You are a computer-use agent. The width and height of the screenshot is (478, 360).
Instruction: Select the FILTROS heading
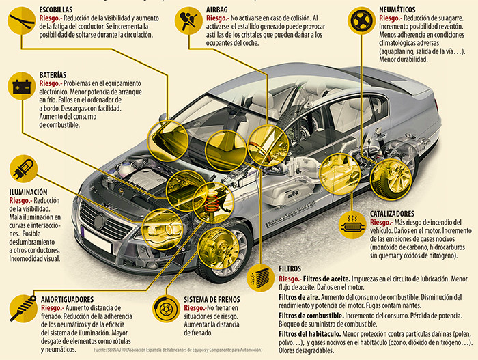[x=294, y=268]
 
